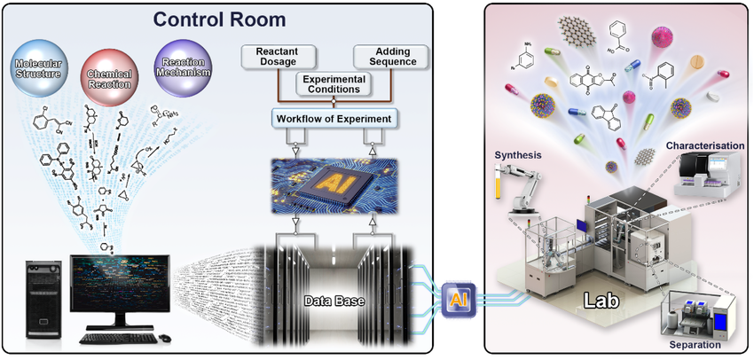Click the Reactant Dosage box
click(x=276, y=57)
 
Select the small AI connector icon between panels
click(x=457, y=298)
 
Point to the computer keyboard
click(x=122, y=338)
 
